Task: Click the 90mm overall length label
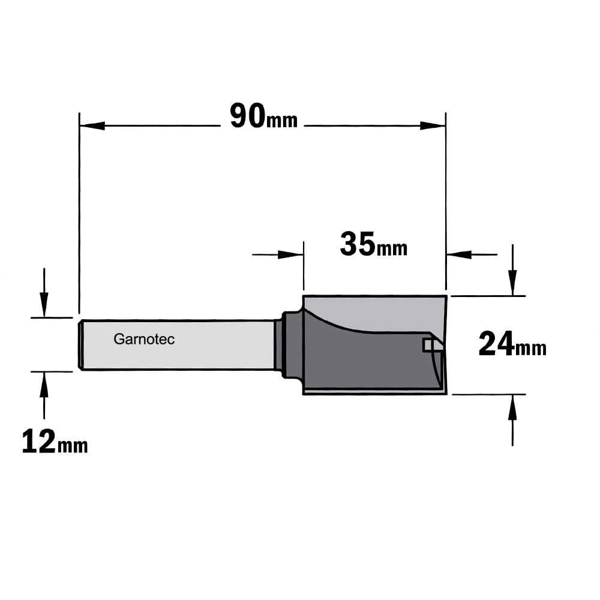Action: pyautogui.click(x=263, y=116)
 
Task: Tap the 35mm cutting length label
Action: pyautogui.click(x=373, y=245)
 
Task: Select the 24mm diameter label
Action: pyautogui.click(x=512, y=344)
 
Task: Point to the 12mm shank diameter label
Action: pyautogui.click(x=55, y=441)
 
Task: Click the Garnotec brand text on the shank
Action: pyautogui.click(x=144, y=339)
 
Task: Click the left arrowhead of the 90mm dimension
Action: pyautogui.click(x=92, y=125)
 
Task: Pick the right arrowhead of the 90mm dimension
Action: pyautogui.click(x=433, y=125)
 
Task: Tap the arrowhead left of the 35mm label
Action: pyautogui.click(x=291, y=254)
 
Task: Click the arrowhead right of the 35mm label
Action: pyautogui.click(x=459, y=254)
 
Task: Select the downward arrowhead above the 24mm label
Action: pyautogui.click(x=513, y=283)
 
